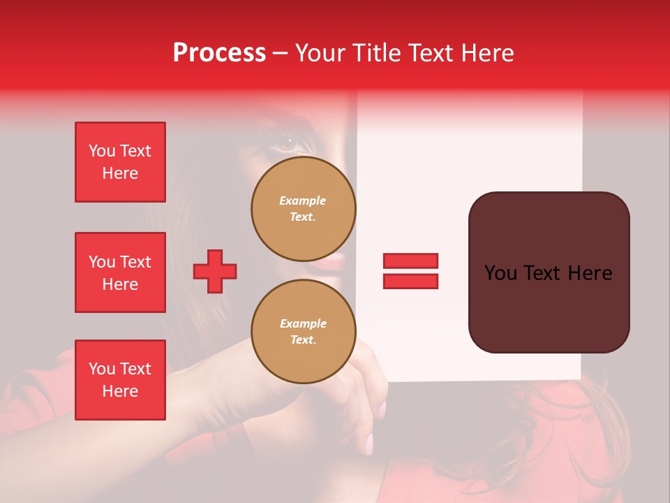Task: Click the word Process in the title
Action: click(x=219, y=53)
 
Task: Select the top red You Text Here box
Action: click(x=120, y=162)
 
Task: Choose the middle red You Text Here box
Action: click(x=120, y=272)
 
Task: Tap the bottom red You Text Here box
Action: click(x=120, y=380)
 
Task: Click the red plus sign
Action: click(x=215, y=271)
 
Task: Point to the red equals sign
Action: click(x=410, y=271)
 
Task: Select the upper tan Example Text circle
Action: click(x=304, y=209)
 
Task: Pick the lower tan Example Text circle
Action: click(x=304, y=332)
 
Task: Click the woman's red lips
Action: click(x=334, y=262)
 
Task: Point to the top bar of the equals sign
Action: click(x=410, y=261)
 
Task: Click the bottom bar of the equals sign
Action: click(x=410, y=281)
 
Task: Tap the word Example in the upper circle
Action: click(x=302, y=201)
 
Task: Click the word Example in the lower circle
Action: click(x=303, y=323)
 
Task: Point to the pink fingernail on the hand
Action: click(x=368, y=443)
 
